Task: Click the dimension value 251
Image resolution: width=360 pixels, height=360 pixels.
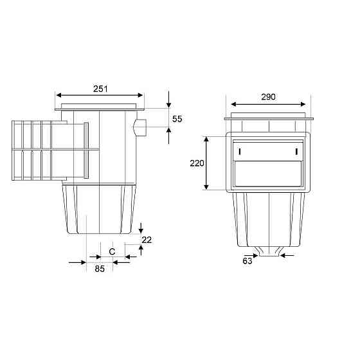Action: tap(100, 89)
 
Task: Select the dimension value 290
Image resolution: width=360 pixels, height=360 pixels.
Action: tap(269, 97)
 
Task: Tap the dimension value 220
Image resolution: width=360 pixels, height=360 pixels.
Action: tap(197, 163)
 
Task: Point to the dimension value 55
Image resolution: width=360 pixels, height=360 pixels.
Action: tap(177, 119)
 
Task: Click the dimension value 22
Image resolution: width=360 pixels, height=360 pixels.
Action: tap(147, 240)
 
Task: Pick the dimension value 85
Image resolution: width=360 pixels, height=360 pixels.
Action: tap(100, 269)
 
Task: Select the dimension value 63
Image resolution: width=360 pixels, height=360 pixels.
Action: tap(248, 261)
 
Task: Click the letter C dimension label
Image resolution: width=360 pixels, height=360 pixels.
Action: tap(112, 251)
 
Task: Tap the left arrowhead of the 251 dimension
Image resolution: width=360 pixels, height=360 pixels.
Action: tap(59, 95)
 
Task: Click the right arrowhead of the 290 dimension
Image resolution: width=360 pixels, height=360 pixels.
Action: tap(303, 104)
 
